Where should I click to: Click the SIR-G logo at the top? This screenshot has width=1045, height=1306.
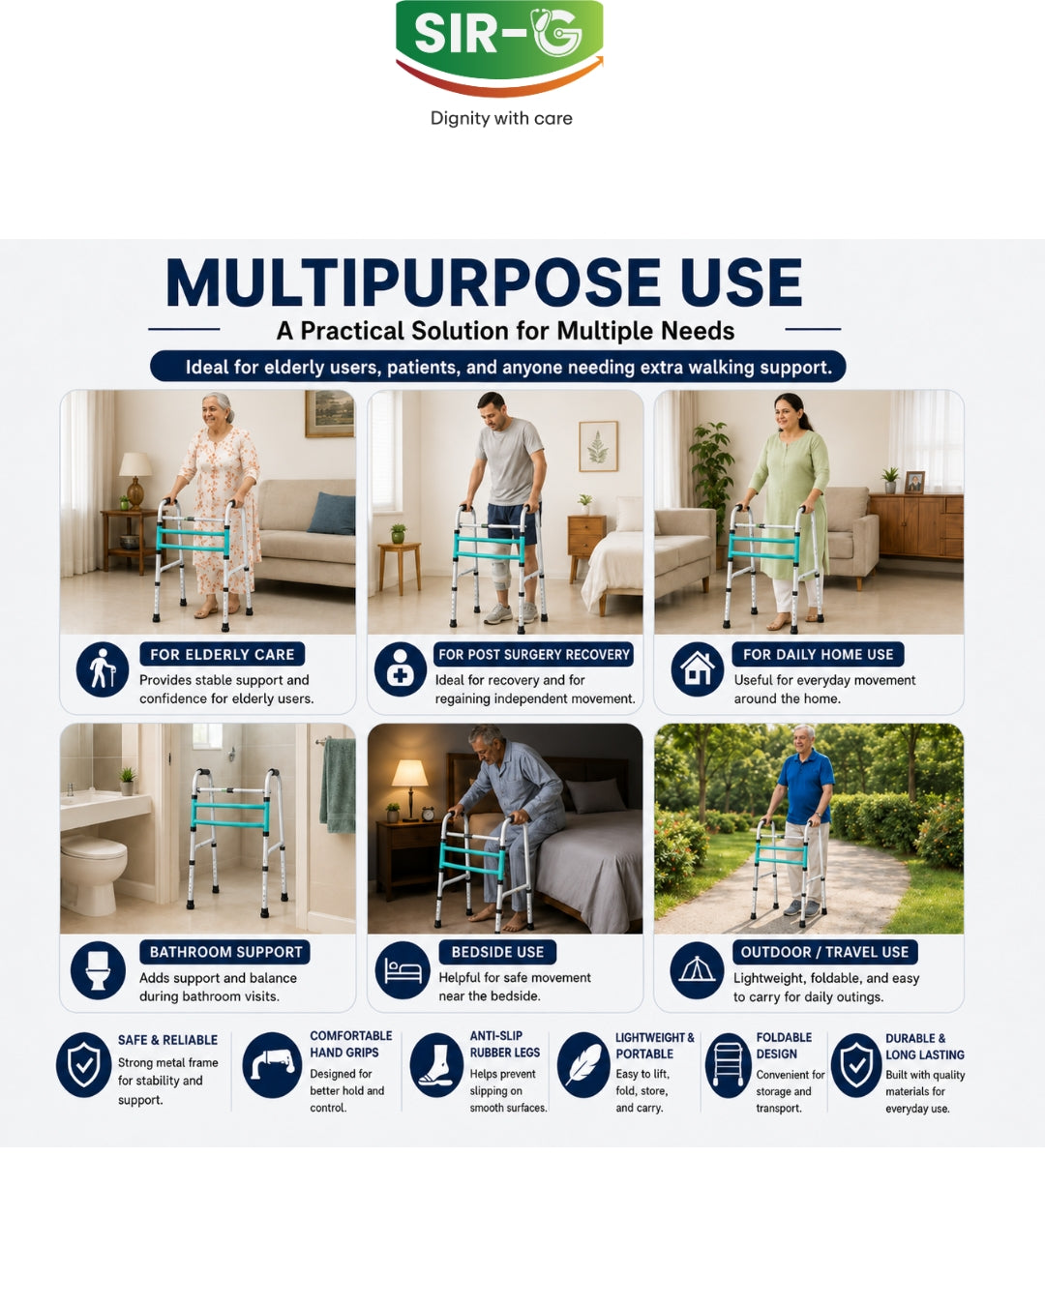(x=499, y=47)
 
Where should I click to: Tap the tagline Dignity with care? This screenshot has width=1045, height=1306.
(x=501, y=118)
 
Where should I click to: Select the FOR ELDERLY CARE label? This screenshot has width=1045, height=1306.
(x=223, y=654)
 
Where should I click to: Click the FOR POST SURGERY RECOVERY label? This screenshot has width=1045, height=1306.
(x=534, y=654)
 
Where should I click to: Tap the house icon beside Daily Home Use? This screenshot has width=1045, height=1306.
(x=697, y=668)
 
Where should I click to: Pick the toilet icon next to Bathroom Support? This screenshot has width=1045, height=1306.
(x=98, y=969)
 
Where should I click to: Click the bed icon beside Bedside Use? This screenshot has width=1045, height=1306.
(x=402, y=969)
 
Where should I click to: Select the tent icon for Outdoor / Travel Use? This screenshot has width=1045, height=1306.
(x=697, y=969)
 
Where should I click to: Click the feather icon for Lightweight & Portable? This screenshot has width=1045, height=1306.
(x=583, y=1065)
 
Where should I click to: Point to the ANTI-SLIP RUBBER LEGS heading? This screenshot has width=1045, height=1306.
(x=496, y=1044)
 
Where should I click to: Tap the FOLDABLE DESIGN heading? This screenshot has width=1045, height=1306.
(x=784, y=1046)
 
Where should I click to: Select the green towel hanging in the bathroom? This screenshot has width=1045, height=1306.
(x=338, y=786)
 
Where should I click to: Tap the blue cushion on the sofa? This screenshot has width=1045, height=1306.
(x=332, y=514)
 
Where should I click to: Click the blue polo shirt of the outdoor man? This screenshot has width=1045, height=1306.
(x=806, y=787)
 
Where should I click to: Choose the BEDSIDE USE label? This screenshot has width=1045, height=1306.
(x=497, y=952)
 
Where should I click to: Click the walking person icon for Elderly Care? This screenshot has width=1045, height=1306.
(x=103, y=668)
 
